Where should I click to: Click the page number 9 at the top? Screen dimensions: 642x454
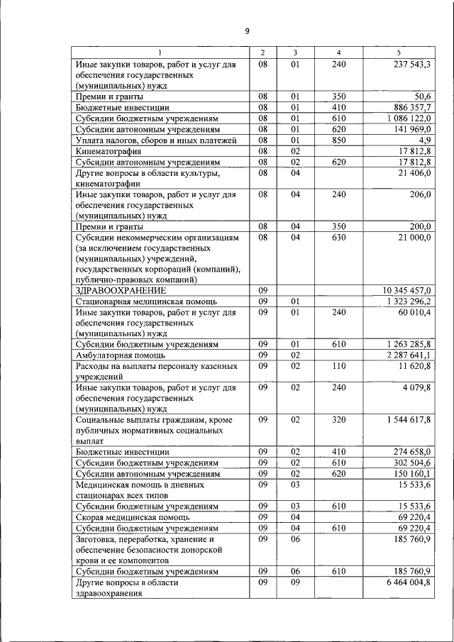pos(246,31)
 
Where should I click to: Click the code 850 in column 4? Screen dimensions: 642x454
pos(338,140)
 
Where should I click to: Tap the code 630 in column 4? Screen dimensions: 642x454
pos(338,237)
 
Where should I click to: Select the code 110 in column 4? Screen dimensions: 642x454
pos(338,366)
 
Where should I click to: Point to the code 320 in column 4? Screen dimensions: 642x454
pos(338,421)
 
